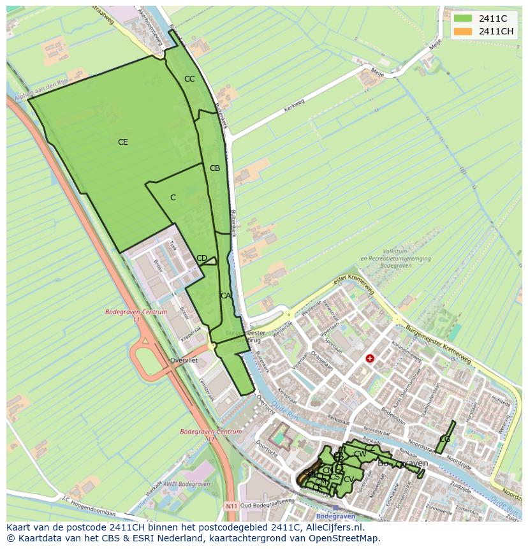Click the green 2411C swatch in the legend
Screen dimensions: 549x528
[463, 18]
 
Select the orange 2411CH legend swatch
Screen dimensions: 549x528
[463, 31]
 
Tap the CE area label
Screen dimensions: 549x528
[123, 142]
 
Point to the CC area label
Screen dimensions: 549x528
[189, 79]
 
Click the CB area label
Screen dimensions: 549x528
[215, 168]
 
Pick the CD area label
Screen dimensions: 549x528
[202, 258]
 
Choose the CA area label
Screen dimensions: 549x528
[226, 296]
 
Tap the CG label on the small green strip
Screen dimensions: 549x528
[445, 439]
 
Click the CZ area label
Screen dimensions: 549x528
[370, 448]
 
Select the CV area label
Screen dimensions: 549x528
[349, 479]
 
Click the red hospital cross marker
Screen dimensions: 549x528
[369, 358]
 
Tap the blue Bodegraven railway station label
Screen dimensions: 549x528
[334, 515]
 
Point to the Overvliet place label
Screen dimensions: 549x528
[184, 360]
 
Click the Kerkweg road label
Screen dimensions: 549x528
[294, 106]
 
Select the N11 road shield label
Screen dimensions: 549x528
[231, 507]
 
